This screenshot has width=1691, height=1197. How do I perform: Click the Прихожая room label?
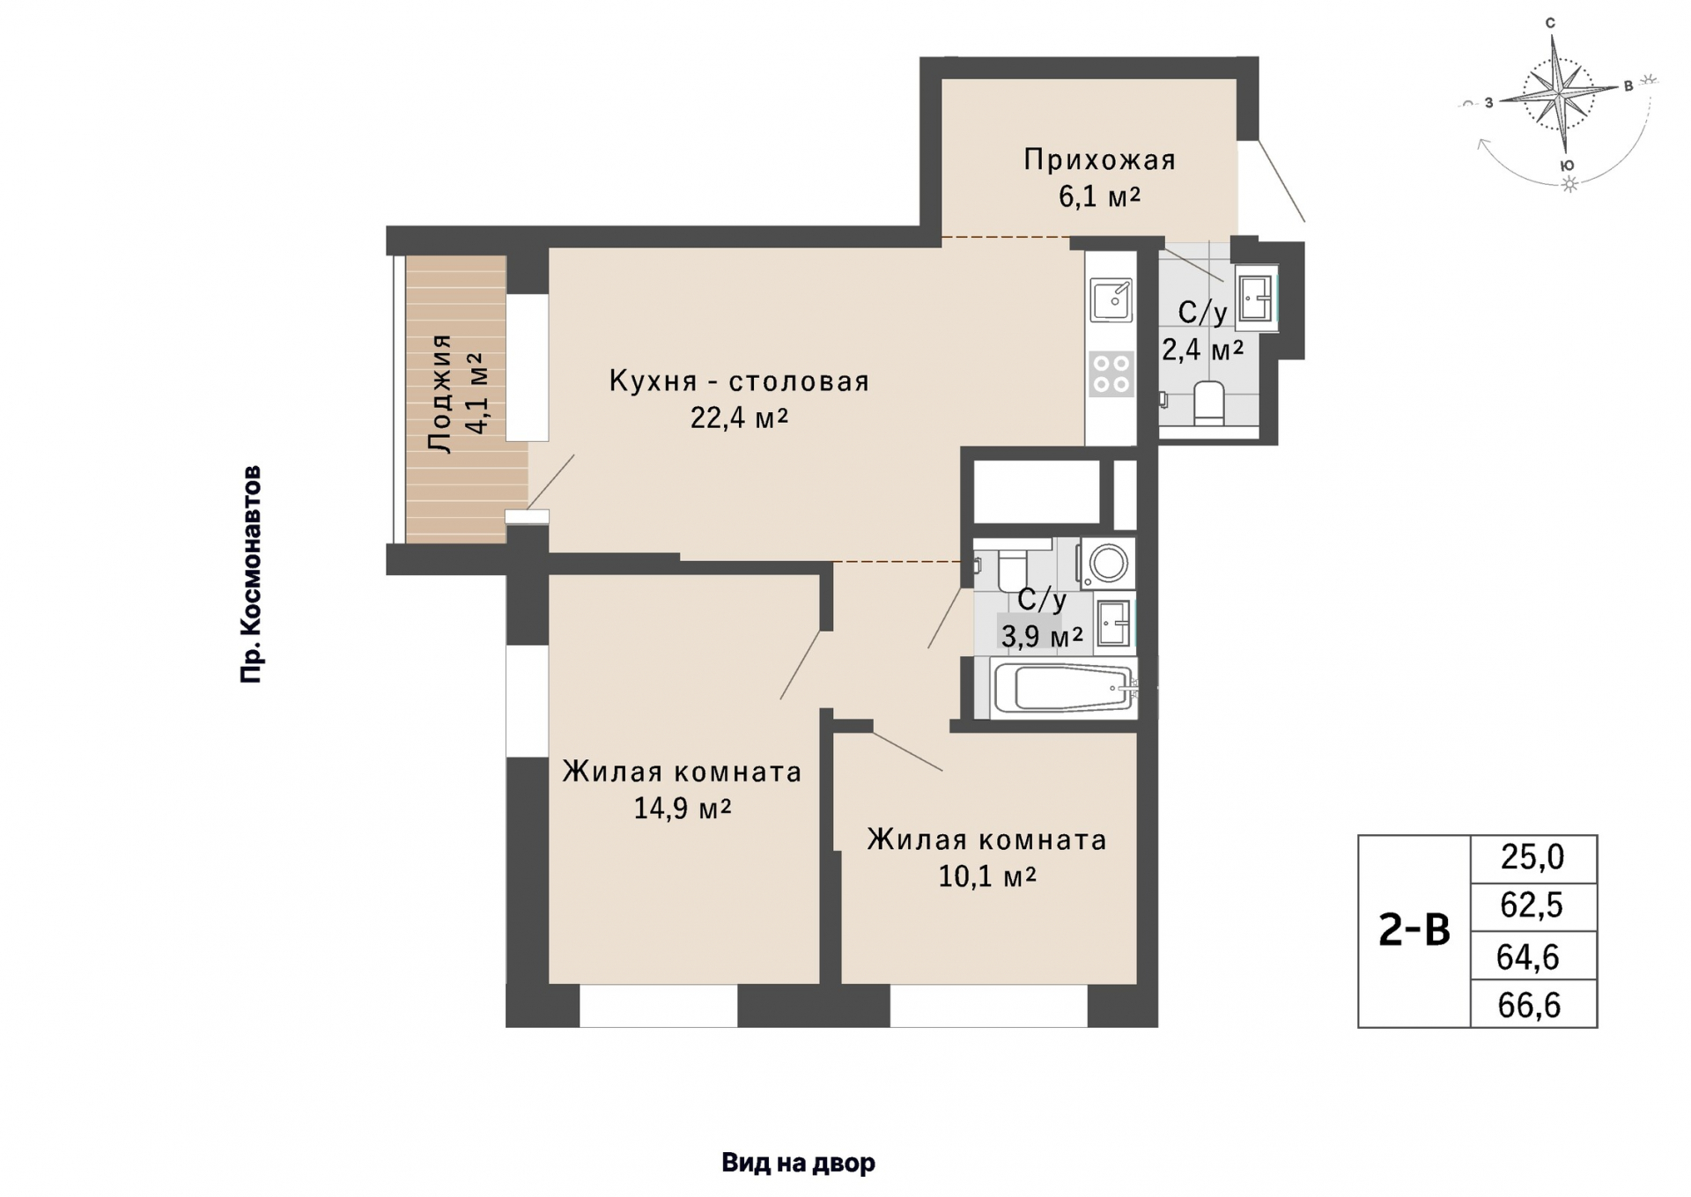(1099, 159)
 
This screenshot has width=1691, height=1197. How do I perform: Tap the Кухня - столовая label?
(739, 381)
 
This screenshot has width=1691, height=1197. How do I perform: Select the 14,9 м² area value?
(683, 808)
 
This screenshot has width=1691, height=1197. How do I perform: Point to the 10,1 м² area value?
(986, 876)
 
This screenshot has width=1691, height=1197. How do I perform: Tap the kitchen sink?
(1111, 299)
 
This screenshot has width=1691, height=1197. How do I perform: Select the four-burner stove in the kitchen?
(1111, 373)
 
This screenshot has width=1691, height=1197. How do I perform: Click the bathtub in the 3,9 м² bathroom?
(1064, 688)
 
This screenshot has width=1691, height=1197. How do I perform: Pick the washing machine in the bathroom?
(1107, 562)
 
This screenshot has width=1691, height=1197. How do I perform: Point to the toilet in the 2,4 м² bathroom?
(1209, 403)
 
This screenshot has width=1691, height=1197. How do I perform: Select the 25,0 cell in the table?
(1532, 857)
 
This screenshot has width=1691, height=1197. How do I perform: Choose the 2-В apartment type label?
(1414, 930)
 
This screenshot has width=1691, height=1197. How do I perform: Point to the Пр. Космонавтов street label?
(252, 574)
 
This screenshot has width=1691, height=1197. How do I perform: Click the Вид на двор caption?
(798, 1163)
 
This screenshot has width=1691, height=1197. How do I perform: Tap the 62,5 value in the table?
(1532, 905)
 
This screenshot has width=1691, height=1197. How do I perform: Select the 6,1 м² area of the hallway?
(1099, 196)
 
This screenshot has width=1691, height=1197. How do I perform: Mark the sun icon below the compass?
(1569, 184)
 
